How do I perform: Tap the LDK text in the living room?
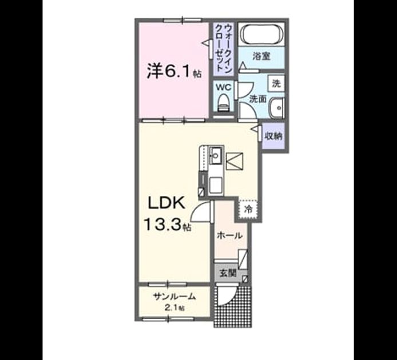click(x=166, y=203)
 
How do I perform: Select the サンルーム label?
click(x=174, y=296)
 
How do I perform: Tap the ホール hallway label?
click(x=229, y=236)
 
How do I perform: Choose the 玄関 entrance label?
click(x=228, y=273)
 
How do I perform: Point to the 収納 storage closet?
click(x=273, y=137)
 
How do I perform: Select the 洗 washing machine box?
click(x=276, y=83)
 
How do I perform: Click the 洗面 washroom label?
click(x=258, y=99)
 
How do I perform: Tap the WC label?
click(x=223, y=87)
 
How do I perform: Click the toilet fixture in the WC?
click(x=223, y=102)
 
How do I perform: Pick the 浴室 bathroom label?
click(x=261, y=56)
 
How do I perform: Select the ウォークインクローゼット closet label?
click(x=223, y=49)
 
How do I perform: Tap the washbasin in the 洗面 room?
click(x=277, y=108)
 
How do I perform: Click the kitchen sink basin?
click(x=216, y=155)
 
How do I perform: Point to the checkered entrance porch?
click(x=233, y=307)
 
